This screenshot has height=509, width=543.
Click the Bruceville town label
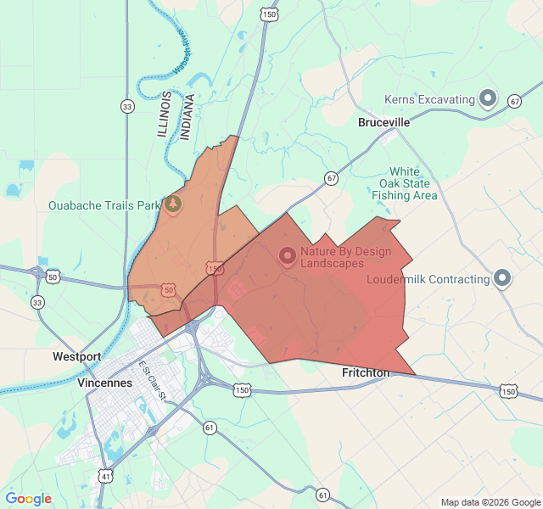(383, 123)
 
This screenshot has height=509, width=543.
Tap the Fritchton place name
(366, 373)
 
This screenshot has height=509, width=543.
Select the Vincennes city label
(104, 383)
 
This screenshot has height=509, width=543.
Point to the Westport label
(76, 356)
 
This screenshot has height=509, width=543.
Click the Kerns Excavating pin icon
(488, 99)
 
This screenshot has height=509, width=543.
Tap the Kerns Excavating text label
(429, 100)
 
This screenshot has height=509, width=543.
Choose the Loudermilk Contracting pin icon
(502, 278)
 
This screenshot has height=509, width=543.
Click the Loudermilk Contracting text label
(428, 279)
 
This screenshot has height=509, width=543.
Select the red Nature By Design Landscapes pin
(287, 255)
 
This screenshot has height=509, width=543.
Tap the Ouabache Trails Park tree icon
(173, 204)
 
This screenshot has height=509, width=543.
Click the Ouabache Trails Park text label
(104, 205)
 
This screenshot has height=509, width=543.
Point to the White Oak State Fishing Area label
(405, 183)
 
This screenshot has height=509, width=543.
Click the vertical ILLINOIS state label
(165, 115)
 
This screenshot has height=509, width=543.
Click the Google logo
(28, 499)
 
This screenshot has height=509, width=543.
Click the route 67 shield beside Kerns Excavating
(514, 102)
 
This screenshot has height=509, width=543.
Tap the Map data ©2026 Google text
(490, 501)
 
